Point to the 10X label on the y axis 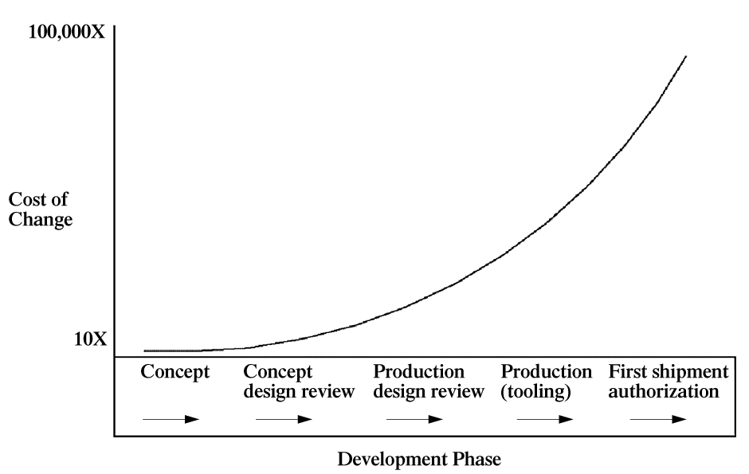tap(90, 340)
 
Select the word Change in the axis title tap(40, 217)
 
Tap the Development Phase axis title tap(419, 460)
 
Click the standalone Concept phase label tap(175, 372)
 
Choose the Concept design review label tap(299, 382)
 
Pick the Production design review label tap(429, 382)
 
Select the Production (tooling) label tap(547, 382)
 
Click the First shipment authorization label tap(668, 382)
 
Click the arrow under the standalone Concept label tap(170, 418)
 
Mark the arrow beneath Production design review tap(414, 418)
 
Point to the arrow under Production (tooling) tap(543, 418)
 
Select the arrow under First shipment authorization tap(657, 418)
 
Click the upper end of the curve tap(685, 57)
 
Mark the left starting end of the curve tap(146, 351)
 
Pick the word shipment tap(696, 372)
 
